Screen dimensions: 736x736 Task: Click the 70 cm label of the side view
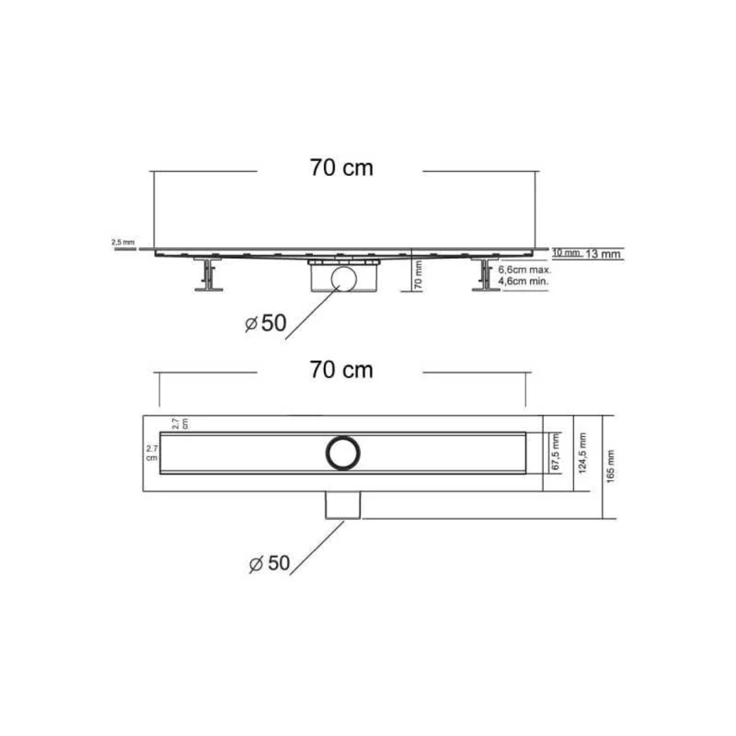coord(341,168)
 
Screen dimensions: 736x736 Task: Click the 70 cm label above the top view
coord(341,370)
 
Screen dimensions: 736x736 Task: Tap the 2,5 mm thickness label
coord(123,242)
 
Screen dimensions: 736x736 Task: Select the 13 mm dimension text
coord(604,254)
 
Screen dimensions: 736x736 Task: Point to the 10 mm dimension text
coord(567,253)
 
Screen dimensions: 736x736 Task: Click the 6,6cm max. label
coord(524,270)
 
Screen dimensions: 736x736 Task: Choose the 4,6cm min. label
coord(523,282)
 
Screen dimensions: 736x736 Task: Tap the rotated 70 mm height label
coord(418,275)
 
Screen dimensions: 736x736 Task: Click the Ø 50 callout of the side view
coord(266,323)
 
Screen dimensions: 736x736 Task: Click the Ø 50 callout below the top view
coord(270,563)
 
